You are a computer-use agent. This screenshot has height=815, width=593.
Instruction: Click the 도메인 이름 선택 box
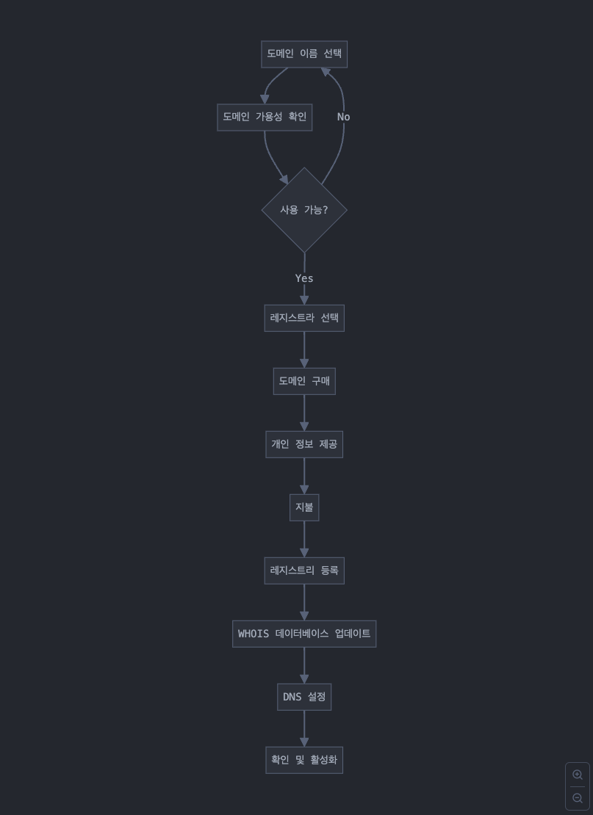[304, 54]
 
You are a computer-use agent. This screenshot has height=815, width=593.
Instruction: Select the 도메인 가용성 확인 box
[265, 117]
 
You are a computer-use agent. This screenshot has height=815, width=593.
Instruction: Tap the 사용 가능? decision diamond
[304, 210]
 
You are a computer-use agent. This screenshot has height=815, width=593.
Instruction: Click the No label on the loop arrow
[343, 117]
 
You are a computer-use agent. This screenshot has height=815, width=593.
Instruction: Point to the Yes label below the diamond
[304, 278]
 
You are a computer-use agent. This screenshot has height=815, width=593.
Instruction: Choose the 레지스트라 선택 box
[304, 318]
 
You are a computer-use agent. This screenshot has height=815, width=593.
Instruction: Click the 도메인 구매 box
[304, 381]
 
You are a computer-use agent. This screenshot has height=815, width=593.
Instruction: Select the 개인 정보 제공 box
[304, 444]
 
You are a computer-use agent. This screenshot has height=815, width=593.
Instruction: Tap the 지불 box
[304, 507]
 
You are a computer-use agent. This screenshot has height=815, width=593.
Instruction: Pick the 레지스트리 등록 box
[304, 570]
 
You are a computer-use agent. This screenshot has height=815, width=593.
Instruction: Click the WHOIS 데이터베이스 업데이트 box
[304, 634]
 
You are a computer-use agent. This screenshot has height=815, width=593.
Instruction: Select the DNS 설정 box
[304, 697]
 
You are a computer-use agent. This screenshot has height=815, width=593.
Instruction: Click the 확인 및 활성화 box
[304, 760]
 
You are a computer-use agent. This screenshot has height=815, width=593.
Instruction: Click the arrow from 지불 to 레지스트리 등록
[304, 539]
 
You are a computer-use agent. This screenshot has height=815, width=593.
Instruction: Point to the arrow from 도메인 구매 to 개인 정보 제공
[304, 413]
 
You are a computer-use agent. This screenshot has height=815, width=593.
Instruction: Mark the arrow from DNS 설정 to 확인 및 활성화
[304, 728]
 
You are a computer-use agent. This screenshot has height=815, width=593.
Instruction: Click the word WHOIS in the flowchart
[254, 634]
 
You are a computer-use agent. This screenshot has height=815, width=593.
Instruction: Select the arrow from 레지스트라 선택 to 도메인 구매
[304, 349]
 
